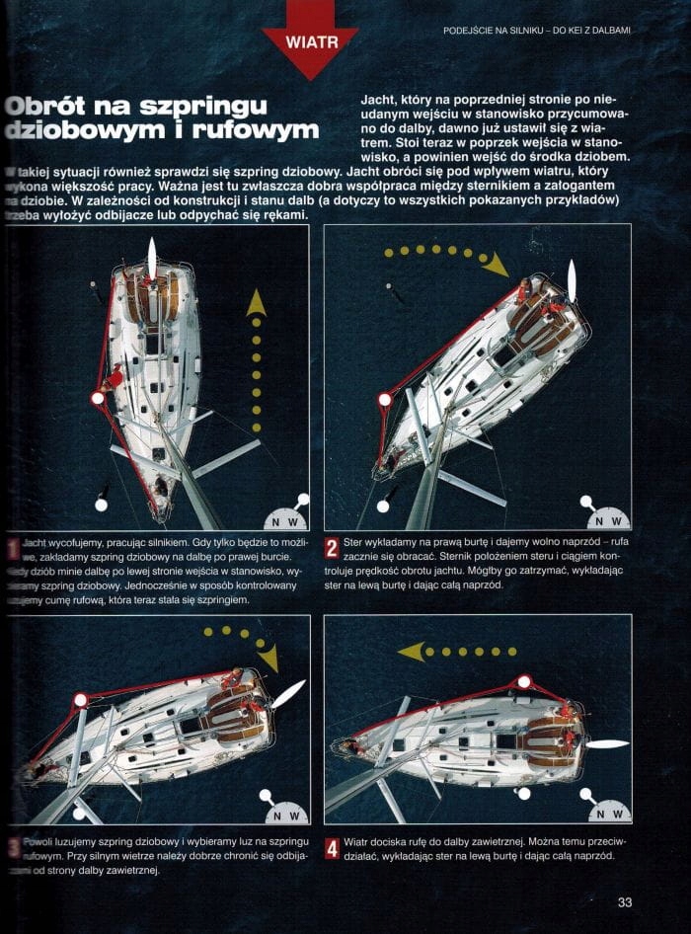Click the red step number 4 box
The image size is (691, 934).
332,847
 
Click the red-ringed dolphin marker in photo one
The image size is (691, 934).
97,398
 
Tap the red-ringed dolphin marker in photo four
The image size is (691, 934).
523,682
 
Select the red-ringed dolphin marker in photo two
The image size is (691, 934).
384,399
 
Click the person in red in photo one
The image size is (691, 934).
115,377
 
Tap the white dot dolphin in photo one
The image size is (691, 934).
100,505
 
